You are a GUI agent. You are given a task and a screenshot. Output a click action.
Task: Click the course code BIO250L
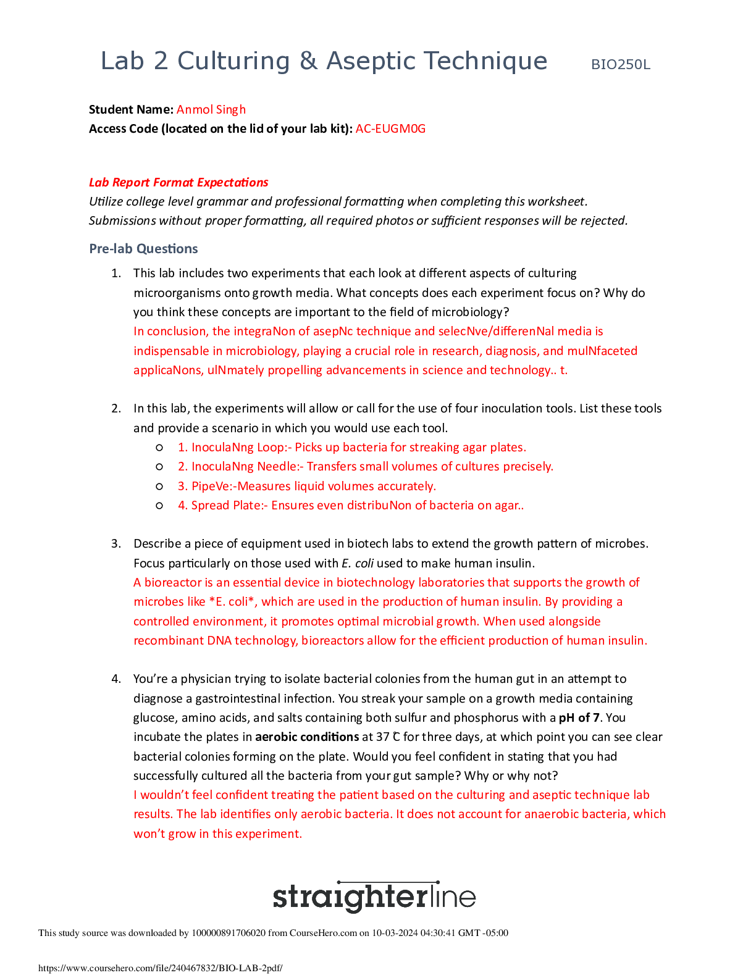point(620,65)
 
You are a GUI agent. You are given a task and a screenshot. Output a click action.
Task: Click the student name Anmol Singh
point(211,109)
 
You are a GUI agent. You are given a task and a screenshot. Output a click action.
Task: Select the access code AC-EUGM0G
point(390,128)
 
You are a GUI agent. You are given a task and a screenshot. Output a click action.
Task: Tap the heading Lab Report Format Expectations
point(178,182)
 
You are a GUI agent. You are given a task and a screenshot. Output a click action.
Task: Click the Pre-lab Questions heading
point(143,248)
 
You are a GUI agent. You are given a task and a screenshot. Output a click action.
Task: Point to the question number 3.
point(115,543)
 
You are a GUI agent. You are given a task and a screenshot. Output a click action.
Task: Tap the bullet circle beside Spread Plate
point(159,505)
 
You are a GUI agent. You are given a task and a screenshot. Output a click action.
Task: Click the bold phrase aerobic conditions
point(307,737)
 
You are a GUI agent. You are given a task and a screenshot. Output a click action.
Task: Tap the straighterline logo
point(374,896)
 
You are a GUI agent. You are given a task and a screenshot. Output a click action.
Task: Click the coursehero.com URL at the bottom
point(161,968)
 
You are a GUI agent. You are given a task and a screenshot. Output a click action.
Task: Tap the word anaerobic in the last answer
point(550,814)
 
